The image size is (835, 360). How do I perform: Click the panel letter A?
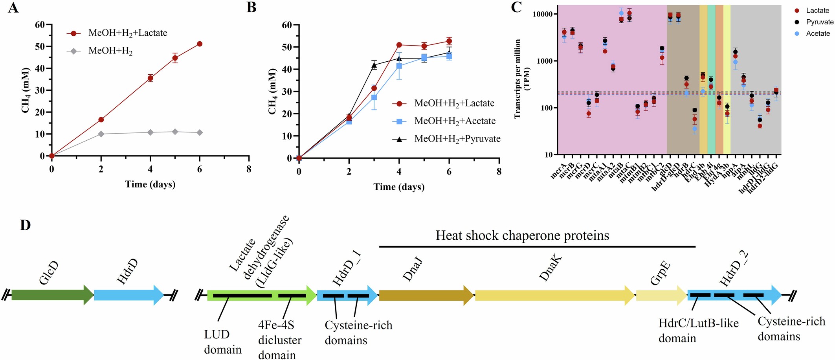13,8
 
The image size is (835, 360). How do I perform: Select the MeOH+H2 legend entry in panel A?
110,51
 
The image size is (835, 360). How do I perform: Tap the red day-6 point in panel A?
200,44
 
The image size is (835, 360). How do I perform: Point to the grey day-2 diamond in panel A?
101,134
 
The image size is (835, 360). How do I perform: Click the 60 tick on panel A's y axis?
39,25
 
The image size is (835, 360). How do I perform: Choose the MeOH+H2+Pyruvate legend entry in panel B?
457,139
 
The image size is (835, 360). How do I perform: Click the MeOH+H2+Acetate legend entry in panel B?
455,121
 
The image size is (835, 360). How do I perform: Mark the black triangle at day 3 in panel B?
374,65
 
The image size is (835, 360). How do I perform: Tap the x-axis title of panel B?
399,187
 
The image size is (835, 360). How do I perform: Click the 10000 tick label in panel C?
544,14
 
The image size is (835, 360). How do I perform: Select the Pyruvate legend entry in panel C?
819,22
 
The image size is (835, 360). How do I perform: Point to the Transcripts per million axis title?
523,79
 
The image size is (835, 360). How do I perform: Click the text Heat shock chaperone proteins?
522,235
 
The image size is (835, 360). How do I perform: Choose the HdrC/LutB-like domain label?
698,331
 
